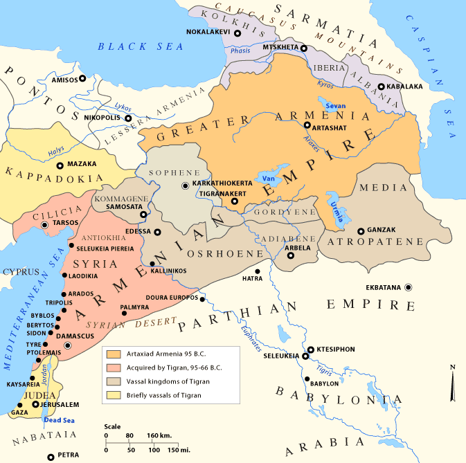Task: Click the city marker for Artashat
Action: coord(307,125)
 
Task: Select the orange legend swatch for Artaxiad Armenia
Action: coord(111,353)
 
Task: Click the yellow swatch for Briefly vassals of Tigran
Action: coord(111,395)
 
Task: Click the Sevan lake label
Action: coord(335,105)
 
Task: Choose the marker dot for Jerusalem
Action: coord(36,404)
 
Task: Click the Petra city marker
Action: coord(51,457)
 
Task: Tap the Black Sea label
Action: coord(141,46)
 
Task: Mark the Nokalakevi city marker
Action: coord(237,33)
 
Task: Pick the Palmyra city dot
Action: coord(124,313)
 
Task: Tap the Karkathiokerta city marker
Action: coord(185,185)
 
